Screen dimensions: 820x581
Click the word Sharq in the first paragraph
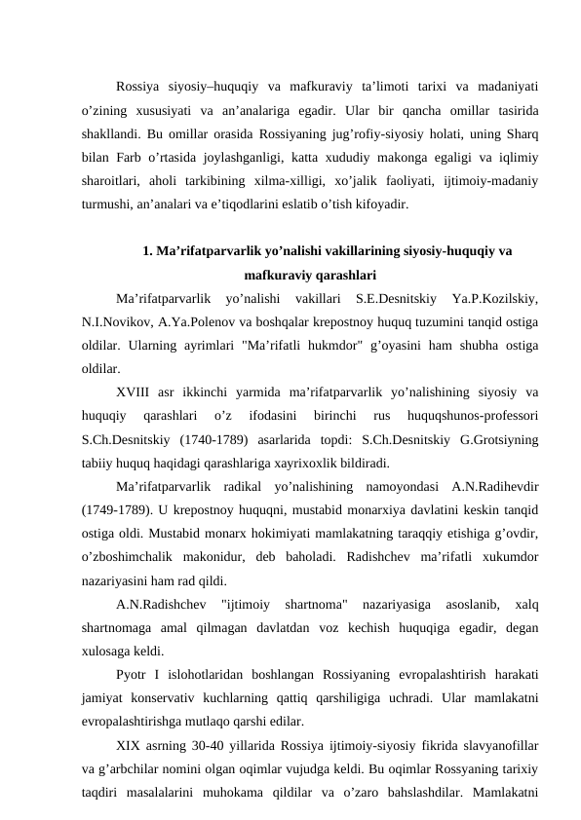pos(525,132)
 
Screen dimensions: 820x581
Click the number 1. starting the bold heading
pos(148,249)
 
